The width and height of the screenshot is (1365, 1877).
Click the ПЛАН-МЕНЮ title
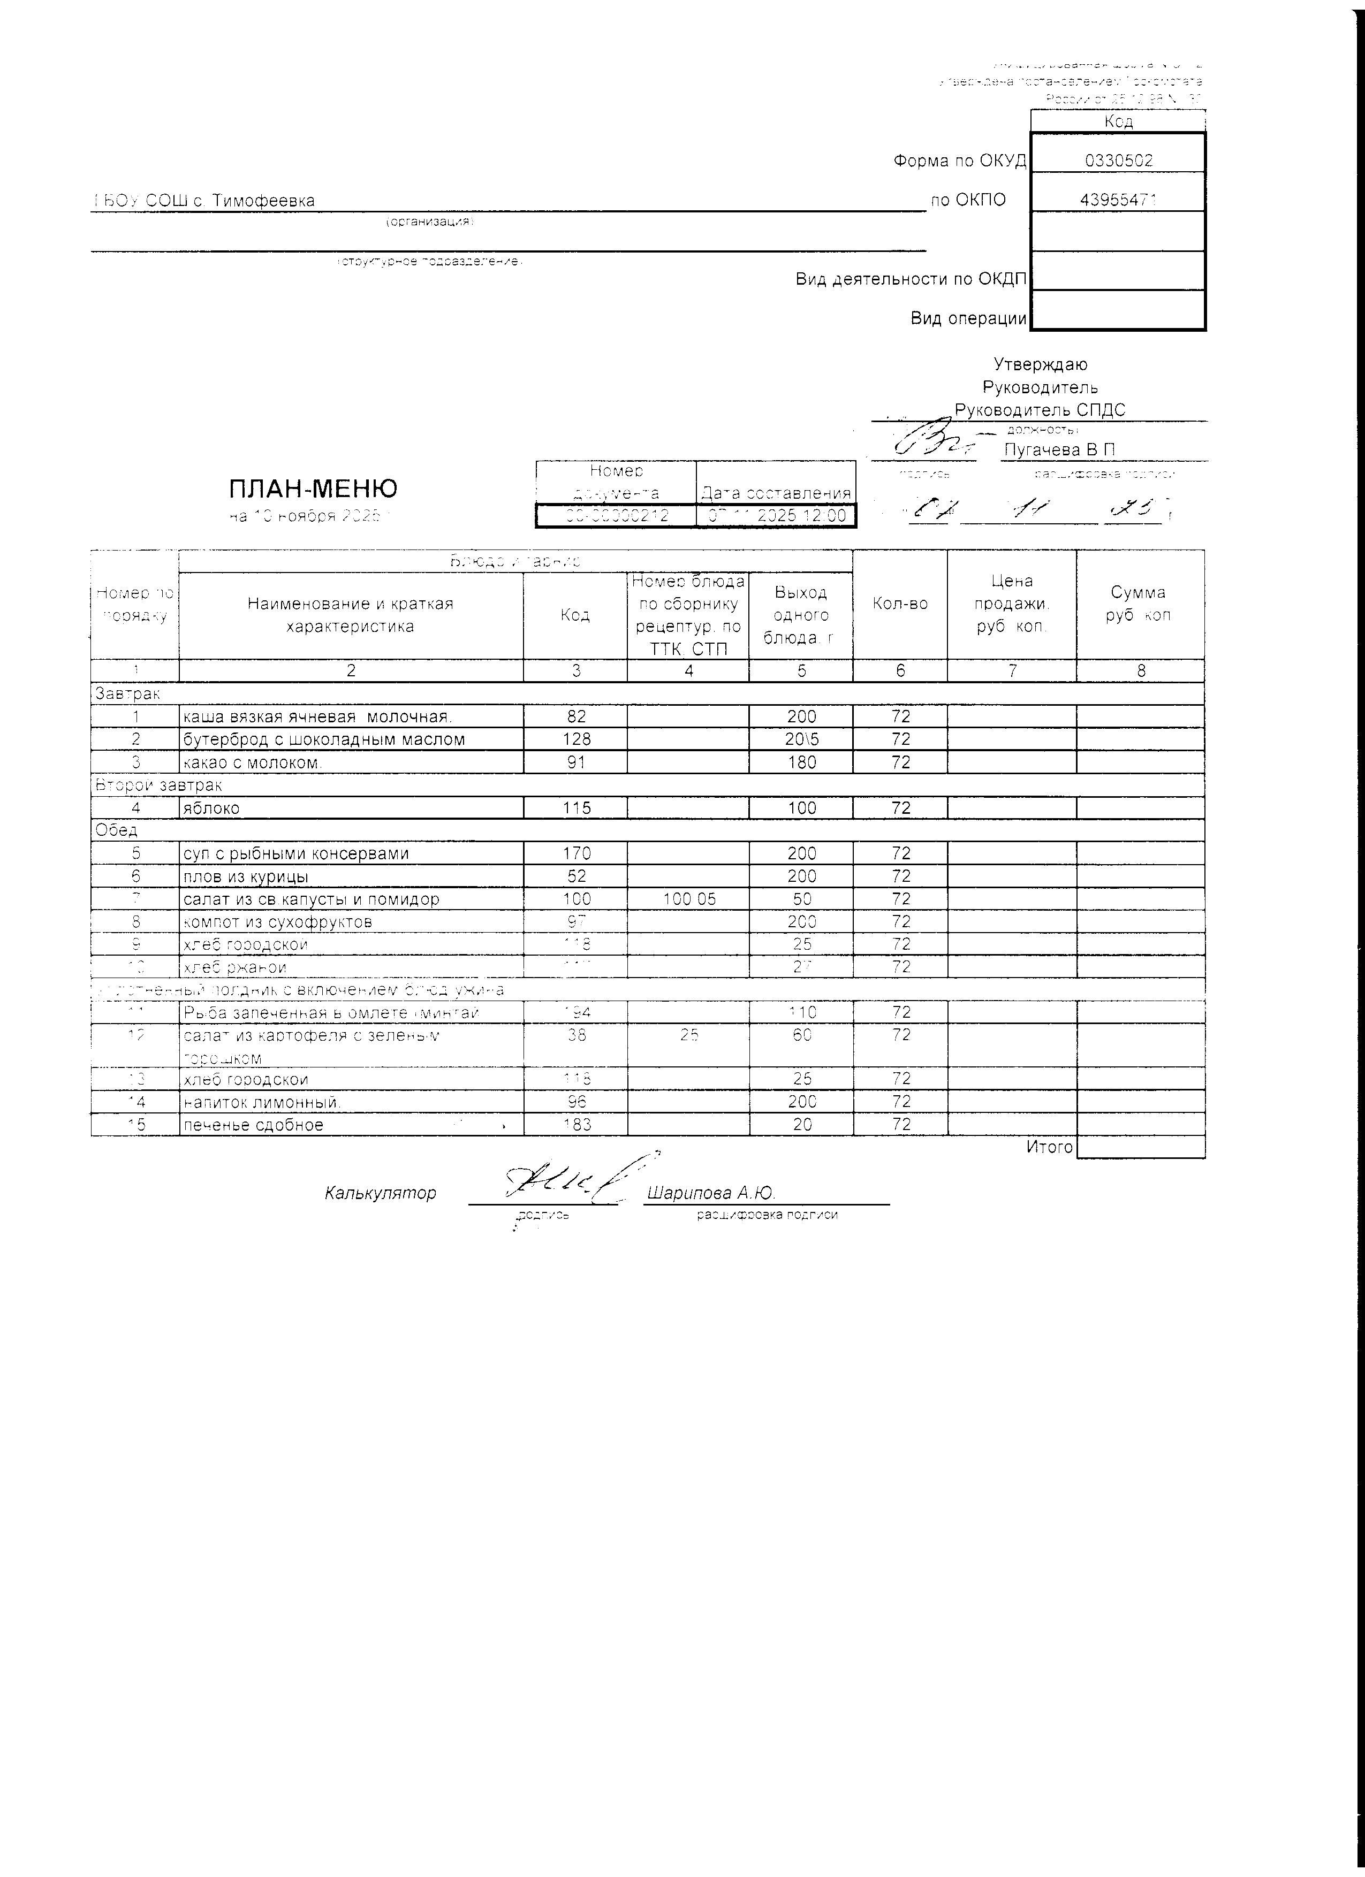313,489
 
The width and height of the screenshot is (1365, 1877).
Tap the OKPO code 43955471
1118,200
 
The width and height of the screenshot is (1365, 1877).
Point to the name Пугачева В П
1059,450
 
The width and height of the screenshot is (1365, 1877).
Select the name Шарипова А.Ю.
710,1193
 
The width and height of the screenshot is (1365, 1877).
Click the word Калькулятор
380,1193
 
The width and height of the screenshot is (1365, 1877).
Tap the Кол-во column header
900,604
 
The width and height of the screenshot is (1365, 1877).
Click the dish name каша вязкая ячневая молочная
316,716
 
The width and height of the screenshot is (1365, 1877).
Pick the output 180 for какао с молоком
801,762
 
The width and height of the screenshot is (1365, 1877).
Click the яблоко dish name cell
211,808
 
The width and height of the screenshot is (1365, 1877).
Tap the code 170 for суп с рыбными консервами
576,854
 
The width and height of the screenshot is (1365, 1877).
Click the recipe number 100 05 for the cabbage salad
689,899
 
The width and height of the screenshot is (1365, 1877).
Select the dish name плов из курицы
246,876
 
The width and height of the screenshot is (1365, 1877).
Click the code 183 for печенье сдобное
576,1125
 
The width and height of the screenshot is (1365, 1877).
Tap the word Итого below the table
1049,1147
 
